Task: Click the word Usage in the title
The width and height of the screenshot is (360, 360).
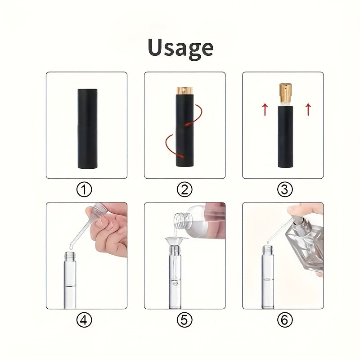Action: pyautogui.click(x=181, y=49)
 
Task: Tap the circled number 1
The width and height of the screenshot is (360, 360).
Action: pyautogui.click(x=84, y=189)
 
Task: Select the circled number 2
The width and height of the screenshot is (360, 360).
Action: pyautogui.click(x=184, y=189)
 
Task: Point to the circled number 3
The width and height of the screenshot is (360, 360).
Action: pyautogui.click(x=285, y=189)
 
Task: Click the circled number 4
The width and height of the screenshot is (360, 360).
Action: pyautogui.click(x=84, y=320)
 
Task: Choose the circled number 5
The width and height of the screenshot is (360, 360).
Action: pyautogui.click(x=184, y=320)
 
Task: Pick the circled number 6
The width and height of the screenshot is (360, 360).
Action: pyautogui.click(x=285, y=320)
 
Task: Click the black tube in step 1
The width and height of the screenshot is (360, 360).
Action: pyautogui.click(x=87, y=129)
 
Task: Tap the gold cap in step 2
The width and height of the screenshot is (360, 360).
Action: pyautogui.click(x=185, y=90)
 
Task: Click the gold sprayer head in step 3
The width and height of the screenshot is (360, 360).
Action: pyautogui.click(x=286, y=93)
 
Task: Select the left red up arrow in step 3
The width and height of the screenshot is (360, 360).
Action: pyautogui.click(x=265, y=109)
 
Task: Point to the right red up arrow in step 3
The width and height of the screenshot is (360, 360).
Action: pyautogui.click(x=308, y=109)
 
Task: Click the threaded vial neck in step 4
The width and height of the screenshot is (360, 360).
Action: pyautogui.click(x=70, y=255)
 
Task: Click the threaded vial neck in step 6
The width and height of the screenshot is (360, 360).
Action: pyautogui.click(x=268, y=249)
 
